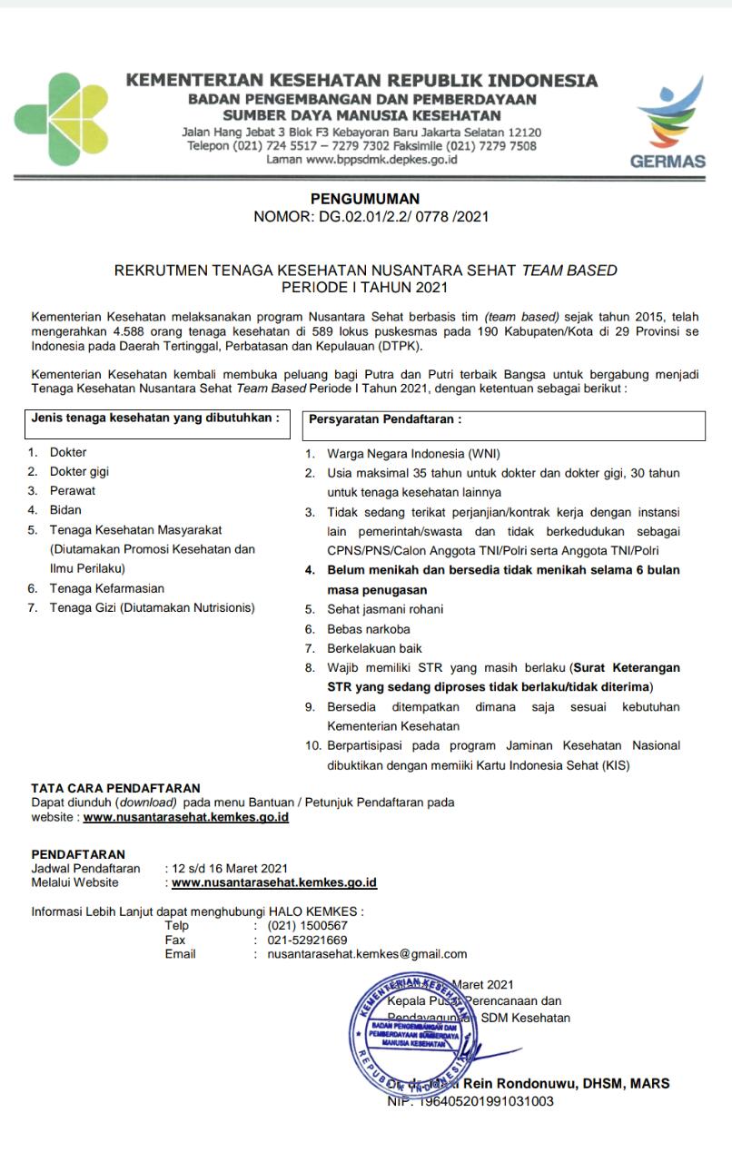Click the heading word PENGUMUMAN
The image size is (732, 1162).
365,199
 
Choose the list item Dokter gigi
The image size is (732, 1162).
80,471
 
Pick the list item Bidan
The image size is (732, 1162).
64,509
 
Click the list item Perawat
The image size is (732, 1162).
73,490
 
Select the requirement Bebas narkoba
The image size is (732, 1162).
369,628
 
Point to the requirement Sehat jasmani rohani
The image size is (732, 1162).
387,609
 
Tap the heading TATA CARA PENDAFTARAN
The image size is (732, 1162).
115,788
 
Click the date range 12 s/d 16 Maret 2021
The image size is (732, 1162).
229,868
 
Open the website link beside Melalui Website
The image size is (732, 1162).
273,881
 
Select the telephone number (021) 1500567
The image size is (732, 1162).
308,926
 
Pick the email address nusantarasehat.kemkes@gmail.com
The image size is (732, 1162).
367,953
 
